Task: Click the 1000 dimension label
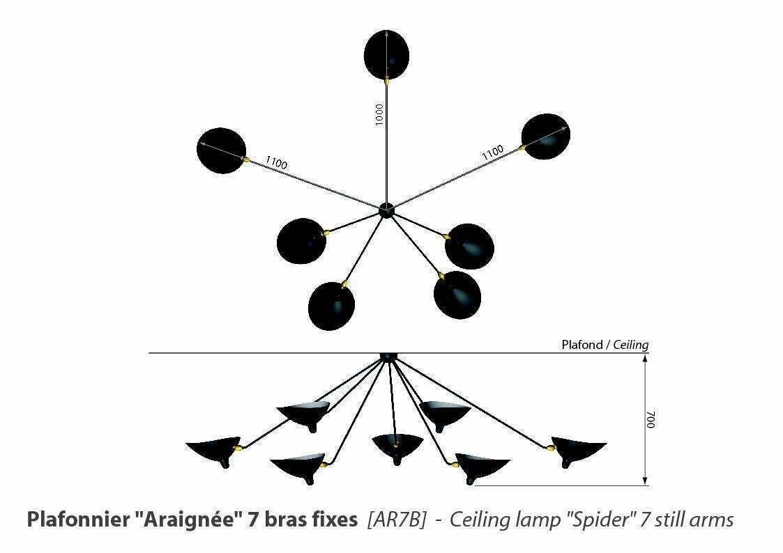(x=379, y=114)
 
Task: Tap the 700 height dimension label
(x=650, y=419)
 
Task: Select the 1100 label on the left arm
(x=276, y=162)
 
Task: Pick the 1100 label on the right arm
(x=493, y=152)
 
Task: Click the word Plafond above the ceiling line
(x=582, y=345)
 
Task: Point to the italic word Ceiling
(x=631, y=345)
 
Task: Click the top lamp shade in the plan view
(x=386, y=55)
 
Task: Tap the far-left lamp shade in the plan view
(x=221, y=150)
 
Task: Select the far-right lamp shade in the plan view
(x=545, y=137)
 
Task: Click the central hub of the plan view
(x=386, y=210)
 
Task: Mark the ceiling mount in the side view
(x=388, y=357)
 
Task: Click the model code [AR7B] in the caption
(x=397, y=520)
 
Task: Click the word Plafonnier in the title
(x=78, y=520)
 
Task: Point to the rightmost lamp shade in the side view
(x=579, y=451)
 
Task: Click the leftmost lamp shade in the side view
(x=213, y=451)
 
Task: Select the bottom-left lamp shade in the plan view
(x=332, y=306)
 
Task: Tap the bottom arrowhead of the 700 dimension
(x=645, y=481)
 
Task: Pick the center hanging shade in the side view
(x=397, y=446)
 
